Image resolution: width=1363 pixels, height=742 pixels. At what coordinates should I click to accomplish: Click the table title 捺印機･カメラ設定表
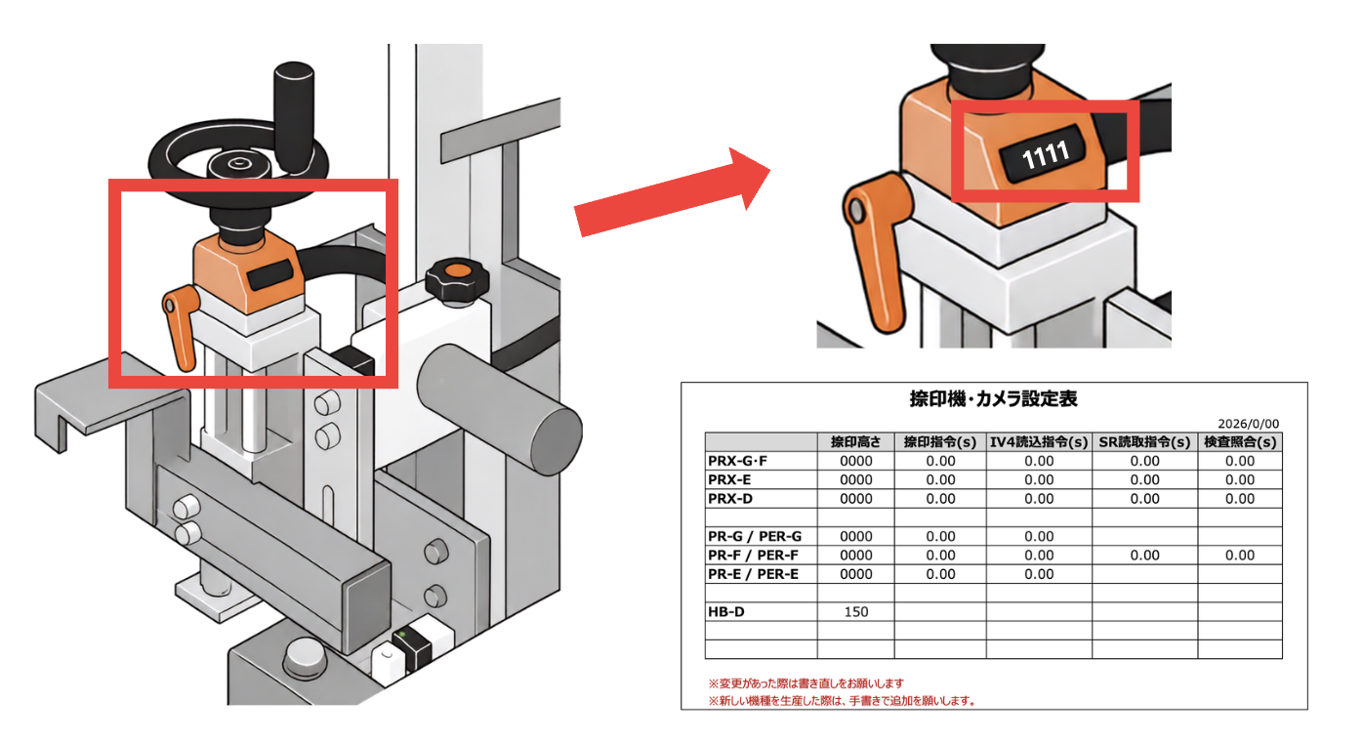click(993, 398)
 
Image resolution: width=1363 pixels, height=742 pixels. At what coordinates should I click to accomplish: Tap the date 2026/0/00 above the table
click(1248, 424)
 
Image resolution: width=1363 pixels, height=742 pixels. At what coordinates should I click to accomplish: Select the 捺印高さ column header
click(855, 442)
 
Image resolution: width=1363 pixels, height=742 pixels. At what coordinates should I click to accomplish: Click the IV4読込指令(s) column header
click(1038, 442)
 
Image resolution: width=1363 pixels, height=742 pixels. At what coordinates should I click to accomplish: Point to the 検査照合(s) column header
click(1239, 442)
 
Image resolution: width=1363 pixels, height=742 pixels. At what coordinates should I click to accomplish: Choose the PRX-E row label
click(729, 479)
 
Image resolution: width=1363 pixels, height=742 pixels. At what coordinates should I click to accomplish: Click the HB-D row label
click(725, 612)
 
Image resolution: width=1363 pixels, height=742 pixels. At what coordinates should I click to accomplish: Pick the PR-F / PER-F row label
click(754, 556)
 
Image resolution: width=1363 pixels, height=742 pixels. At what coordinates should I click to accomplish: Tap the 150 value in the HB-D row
click(855, 612)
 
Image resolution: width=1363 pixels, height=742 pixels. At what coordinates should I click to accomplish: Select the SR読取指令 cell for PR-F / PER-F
click(1144, 556)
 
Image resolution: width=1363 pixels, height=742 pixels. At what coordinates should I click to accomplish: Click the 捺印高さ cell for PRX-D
click(855, 499)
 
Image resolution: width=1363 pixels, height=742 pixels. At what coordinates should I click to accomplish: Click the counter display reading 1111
click(1044, 155)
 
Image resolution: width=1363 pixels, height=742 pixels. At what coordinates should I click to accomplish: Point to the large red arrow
click(672, 191)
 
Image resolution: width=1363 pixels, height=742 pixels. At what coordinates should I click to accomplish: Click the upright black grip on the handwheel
click(294, 117)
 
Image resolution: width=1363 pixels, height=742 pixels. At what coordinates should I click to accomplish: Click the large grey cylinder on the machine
click(500, 409)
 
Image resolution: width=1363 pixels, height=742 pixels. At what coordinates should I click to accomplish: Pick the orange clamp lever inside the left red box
click(181, 327)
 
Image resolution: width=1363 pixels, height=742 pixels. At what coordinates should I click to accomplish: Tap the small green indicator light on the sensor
click(402, 635)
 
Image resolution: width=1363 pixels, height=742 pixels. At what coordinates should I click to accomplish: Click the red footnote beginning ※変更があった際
click(805, 683)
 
